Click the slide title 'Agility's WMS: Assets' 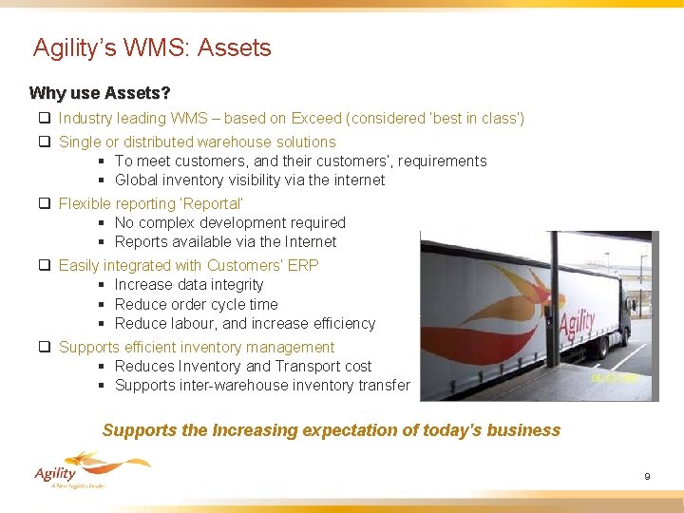[152, 47]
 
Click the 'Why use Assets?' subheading [100, 93]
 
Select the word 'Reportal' [213, 203]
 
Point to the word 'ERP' [305, 265]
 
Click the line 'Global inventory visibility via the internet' [250, 180]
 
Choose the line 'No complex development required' [230, 222]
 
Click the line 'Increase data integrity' [189, 284]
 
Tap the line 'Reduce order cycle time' [197, 304]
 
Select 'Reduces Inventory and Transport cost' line [243, 366]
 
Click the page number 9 [647, 476]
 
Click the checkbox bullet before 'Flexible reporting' [45, 203]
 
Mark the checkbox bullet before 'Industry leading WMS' [45, 119]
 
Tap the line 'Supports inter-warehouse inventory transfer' [262, 385]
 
